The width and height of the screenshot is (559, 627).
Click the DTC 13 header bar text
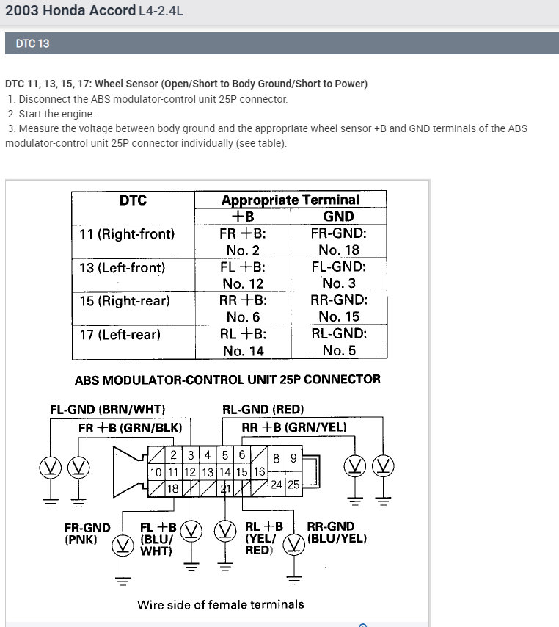[33, 43]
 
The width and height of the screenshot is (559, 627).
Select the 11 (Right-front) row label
[127, 234]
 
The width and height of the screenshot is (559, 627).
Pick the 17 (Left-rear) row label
[120, 334]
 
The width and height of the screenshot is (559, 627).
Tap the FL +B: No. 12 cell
[243, 275]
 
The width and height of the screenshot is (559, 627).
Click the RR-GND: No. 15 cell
[339, 308]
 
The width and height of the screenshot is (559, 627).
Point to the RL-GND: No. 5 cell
[339, 342]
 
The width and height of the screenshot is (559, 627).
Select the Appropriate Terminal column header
[291, 199]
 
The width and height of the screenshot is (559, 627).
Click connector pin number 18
[173, 488]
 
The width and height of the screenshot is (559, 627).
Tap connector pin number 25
[293, 485]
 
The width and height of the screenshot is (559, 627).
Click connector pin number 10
[156, 472]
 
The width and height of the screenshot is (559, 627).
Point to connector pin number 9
[293, 459]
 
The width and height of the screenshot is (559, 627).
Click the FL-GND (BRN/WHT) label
[107, 409]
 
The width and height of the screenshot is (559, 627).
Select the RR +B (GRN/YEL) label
[294, 427]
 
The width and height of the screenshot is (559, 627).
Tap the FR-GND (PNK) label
[87, 533]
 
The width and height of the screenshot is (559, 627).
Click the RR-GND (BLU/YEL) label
[337, 532]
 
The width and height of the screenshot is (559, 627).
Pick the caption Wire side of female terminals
[220, 604]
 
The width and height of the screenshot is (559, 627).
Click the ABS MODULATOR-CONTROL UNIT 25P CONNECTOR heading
[227, 380]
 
